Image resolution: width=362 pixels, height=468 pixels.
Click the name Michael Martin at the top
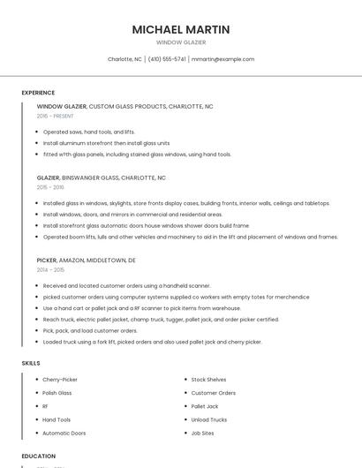point(181,29)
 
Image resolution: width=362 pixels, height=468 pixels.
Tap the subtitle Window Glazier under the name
point(181,42)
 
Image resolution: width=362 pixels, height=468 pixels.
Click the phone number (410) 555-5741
point(167,59)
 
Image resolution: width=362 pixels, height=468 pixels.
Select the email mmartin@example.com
point(222,59)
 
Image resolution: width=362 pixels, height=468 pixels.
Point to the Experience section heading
point(38,93)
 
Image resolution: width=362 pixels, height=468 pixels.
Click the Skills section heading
point(30,363)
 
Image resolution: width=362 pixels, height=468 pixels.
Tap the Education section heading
point(38,457)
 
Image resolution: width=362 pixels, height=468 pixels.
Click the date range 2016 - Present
point(55,116)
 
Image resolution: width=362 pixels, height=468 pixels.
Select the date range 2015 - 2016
point(50,187)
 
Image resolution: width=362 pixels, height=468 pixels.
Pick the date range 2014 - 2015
point(50,271)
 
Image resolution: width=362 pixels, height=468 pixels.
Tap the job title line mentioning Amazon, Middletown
point(87,260)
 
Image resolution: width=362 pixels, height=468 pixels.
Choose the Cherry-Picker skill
point(60,380)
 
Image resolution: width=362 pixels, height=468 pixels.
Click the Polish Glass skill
point(57,393)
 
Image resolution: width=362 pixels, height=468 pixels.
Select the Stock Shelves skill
point(208,380)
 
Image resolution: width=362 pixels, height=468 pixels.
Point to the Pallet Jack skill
point(204,406)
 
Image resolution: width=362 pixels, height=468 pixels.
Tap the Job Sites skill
point(203,434)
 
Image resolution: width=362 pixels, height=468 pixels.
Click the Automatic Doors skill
point(64,434)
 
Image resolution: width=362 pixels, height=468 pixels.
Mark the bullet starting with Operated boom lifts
point(190,237)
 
